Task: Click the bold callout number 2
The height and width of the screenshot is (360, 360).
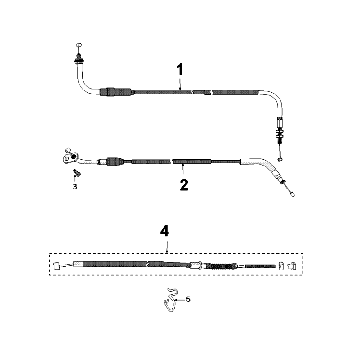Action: coord(182,185)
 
